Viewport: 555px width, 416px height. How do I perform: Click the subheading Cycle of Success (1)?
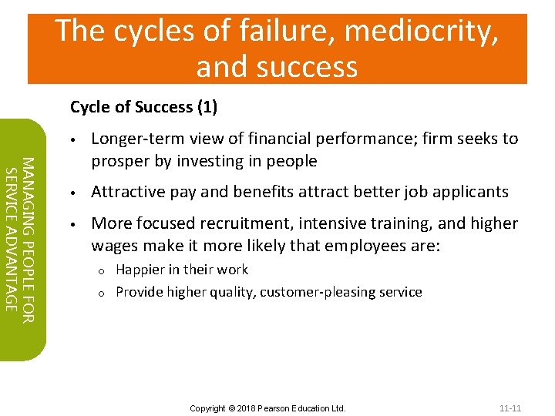[143, 107]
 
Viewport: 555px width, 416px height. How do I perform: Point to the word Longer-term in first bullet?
[133, 139]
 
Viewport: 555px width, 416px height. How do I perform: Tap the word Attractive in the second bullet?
[125, 192]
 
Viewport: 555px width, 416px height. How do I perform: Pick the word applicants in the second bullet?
[473, 192]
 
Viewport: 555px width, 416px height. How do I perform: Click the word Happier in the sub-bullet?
[139, 270]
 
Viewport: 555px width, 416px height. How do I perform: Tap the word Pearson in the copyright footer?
[278, 408]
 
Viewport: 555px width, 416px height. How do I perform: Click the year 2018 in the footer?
[247, 408]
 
